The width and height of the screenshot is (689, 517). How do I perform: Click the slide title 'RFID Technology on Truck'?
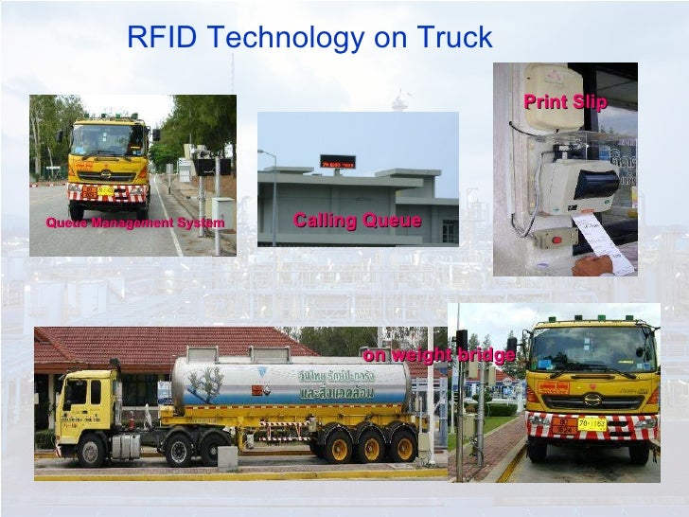coord(309,38)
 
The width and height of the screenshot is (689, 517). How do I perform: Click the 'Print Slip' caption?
coord(565,102)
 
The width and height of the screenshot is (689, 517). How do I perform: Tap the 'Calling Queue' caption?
coord(357,221)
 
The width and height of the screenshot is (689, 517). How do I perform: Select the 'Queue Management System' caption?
coord(134,223)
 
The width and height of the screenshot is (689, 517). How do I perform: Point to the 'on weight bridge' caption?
coord(439,355)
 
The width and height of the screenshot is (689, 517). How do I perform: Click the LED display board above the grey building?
coord(338,162)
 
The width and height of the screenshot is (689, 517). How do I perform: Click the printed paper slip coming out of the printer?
coord(603,242)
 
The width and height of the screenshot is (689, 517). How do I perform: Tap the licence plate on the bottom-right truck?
coord(592,423)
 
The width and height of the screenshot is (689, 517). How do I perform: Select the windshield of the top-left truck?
coord(106,141)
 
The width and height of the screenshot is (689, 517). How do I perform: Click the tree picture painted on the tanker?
coord(206,383)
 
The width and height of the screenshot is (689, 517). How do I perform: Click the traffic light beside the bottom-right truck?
coord(461,340)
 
